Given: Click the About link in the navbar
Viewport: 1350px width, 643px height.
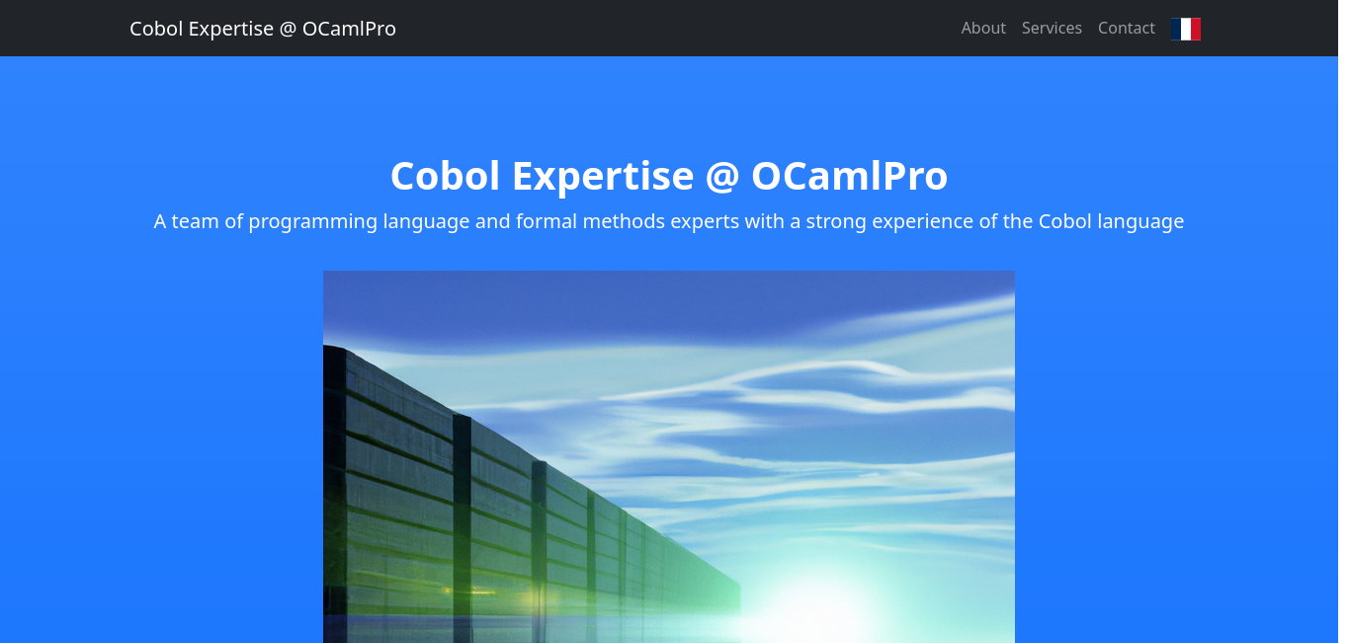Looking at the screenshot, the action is click(x=983, y=29).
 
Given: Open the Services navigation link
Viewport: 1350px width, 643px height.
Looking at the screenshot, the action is click(x=1052, y=29).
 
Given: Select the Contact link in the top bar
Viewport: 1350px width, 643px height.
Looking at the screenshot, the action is click(x=1126, y=29).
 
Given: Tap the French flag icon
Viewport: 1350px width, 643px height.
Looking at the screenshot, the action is click(x=1186, y=29).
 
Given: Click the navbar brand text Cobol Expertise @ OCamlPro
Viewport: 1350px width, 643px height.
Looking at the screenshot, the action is click(x=263, y=29).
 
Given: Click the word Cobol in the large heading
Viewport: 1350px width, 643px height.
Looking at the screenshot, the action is click(x=445, y=177).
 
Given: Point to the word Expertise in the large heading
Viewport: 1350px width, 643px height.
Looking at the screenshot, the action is click(x=603, y=178).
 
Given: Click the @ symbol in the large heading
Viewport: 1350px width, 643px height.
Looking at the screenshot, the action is click(x=722, y=178).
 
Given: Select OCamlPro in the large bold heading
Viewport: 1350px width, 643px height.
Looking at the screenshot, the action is click(x=849, y=177).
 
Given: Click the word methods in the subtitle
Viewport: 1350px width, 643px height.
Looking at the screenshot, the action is click(x=624, y=221).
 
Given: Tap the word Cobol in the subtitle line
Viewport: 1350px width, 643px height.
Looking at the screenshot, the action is click(x=1065, y=221).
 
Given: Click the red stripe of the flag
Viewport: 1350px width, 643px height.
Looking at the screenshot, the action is click(x=1196, y=29).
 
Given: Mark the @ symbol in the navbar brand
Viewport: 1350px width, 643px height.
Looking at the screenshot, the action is click(x=288, y=29).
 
